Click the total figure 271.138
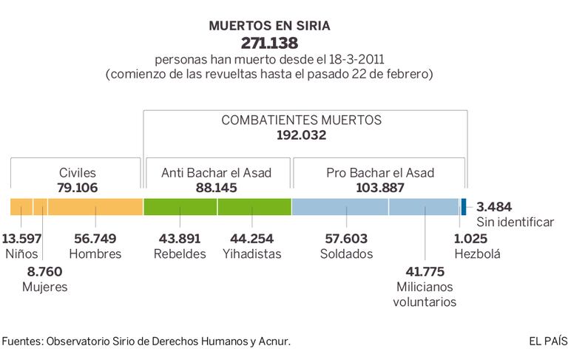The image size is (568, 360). tap(269, 42)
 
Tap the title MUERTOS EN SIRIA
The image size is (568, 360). tap(269, 25)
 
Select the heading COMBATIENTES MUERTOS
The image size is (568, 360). tap(301, 120)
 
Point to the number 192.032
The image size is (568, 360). tap(301, 135)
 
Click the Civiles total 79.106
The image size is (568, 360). tap(78, 188)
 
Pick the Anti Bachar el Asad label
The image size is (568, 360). tap(217, 172)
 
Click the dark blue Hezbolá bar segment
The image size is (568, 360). tap(464, 206)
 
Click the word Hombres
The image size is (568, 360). tap(95, 254)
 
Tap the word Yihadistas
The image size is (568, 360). tap(251, 254)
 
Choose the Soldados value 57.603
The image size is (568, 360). tap(348, 238)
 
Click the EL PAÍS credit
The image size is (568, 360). tap(548, 341)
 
